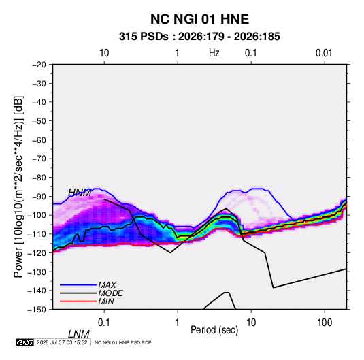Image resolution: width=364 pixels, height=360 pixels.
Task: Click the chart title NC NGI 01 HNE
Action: pos(199,19)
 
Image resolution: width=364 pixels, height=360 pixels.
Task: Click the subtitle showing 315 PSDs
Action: pos(199,37)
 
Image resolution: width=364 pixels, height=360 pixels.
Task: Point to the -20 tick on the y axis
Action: pos(39,65)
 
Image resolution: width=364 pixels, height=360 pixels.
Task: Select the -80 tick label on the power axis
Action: pos(39,178)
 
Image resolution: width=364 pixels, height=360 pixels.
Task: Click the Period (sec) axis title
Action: pos(214,330)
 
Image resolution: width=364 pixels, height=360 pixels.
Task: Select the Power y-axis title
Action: pos(18,187)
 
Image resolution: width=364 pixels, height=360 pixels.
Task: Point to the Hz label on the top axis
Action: pos(214,53)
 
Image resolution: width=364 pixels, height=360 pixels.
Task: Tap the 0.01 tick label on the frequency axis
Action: pos(324,53)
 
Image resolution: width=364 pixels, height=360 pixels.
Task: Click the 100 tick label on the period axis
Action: pos(325,323)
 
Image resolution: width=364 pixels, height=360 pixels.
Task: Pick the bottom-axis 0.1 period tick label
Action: pos(104,323)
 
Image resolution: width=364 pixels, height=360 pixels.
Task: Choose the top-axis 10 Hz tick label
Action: pos(104,53)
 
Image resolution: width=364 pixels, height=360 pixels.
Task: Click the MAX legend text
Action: pos(107,285)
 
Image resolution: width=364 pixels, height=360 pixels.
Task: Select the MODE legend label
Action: pos(110,293)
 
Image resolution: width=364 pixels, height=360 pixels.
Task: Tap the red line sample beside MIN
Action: pos(78,301)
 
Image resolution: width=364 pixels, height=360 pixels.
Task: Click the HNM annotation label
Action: pos(80,193)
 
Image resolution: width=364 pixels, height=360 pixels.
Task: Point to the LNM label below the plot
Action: pos(78,334)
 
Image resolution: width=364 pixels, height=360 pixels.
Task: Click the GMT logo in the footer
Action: pos(25,342)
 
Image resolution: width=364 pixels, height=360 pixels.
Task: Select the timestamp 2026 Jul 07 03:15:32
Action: pos(62,342)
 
